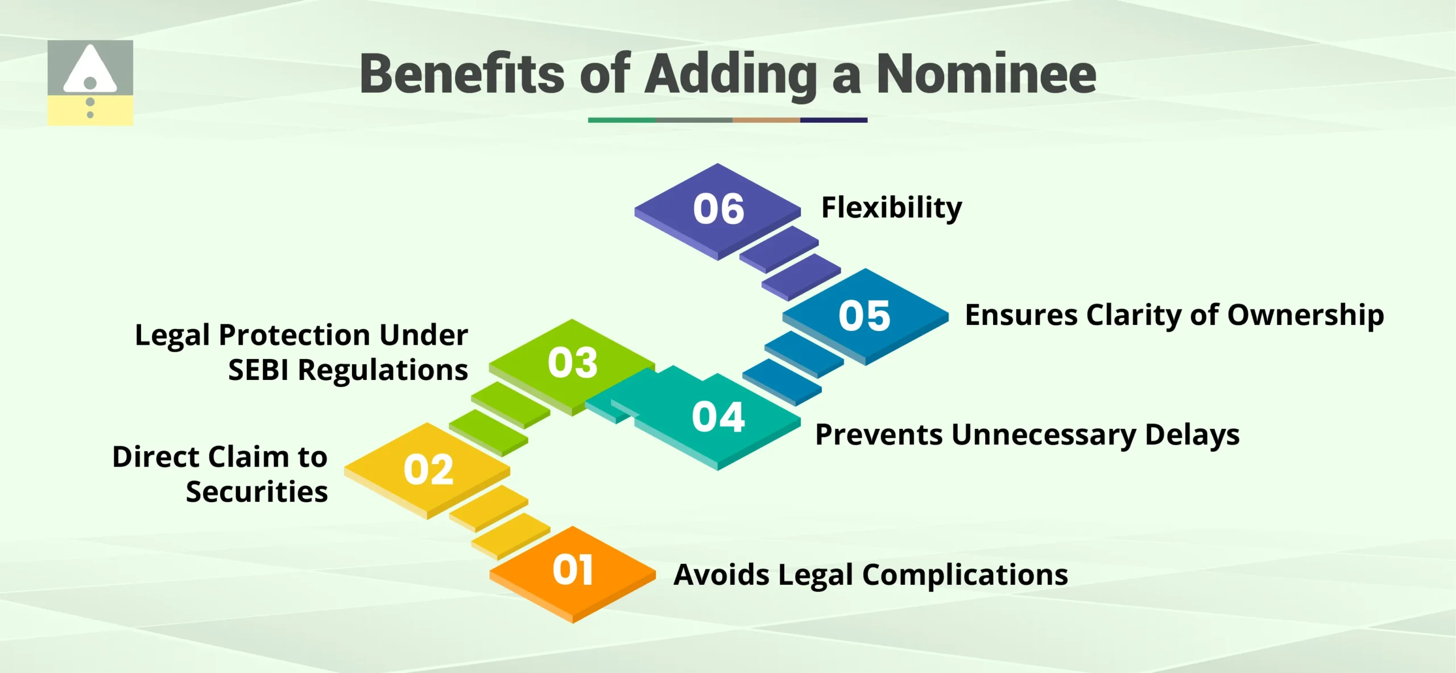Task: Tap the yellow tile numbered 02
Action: [x=428, y=470]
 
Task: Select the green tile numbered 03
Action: [x=572, y=362]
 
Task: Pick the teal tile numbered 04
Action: [x=718, y=417]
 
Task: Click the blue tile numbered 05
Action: [x=864, y=316]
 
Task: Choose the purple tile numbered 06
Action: [x=718, y=209]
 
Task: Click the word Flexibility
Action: [x=891, y=208]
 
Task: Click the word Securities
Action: [x=257, y=492]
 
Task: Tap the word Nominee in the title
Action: [x=986, y=74]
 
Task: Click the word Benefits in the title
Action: [x=462, y=74]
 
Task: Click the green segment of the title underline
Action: [x=621, y=120]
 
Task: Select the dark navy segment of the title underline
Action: [x=833, y=120]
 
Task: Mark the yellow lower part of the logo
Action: [x=114, y=111]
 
